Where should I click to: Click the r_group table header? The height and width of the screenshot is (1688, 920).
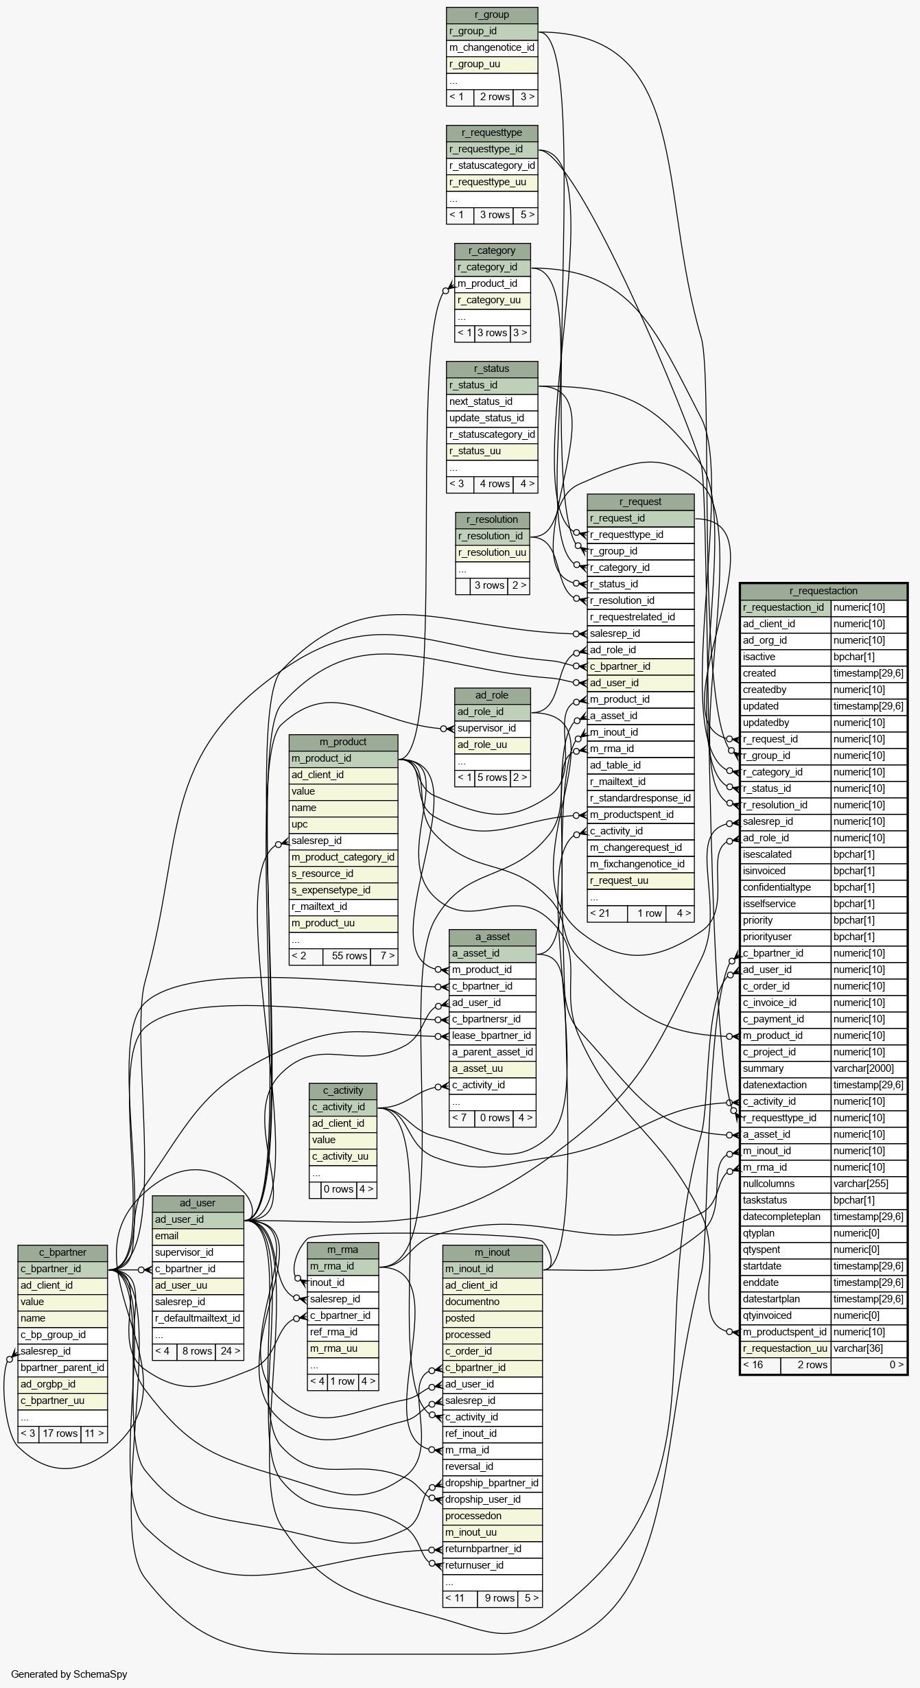click(492, 15)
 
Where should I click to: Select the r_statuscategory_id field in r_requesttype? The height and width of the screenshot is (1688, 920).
click(492, 166)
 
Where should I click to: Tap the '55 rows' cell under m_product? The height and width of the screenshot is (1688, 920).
click(349, 957)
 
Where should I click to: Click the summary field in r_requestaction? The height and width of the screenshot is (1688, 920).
click(786, 1069)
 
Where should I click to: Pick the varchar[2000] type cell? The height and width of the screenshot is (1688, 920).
click(869, 1069)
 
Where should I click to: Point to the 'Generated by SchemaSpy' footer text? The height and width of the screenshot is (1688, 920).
click(69, 1674)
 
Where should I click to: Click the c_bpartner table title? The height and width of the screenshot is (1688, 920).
click(62, 1253)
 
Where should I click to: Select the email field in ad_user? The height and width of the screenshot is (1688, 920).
click(198, 1236)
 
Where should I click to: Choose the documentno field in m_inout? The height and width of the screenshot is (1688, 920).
click(493, 1302)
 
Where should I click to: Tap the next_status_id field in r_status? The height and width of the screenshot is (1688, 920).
click(492, 402)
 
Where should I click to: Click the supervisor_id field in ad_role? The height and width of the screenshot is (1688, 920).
click(493, 729)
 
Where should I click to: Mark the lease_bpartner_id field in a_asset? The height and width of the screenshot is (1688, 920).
click(493, 1036)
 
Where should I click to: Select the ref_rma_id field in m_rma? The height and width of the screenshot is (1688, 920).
click(343, 1333)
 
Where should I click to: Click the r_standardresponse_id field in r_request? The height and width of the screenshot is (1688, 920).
click(641, 799)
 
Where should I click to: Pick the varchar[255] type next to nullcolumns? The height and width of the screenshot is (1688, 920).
click(869, 1184)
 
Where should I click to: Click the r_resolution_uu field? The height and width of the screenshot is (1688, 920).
click(493, 553)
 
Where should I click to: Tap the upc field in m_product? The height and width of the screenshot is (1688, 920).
click(343, 825)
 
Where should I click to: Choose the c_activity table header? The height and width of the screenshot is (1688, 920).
click(343, 1091)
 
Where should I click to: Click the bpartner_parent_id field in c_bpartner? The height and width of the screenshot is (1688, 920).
click(62, 1368)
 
